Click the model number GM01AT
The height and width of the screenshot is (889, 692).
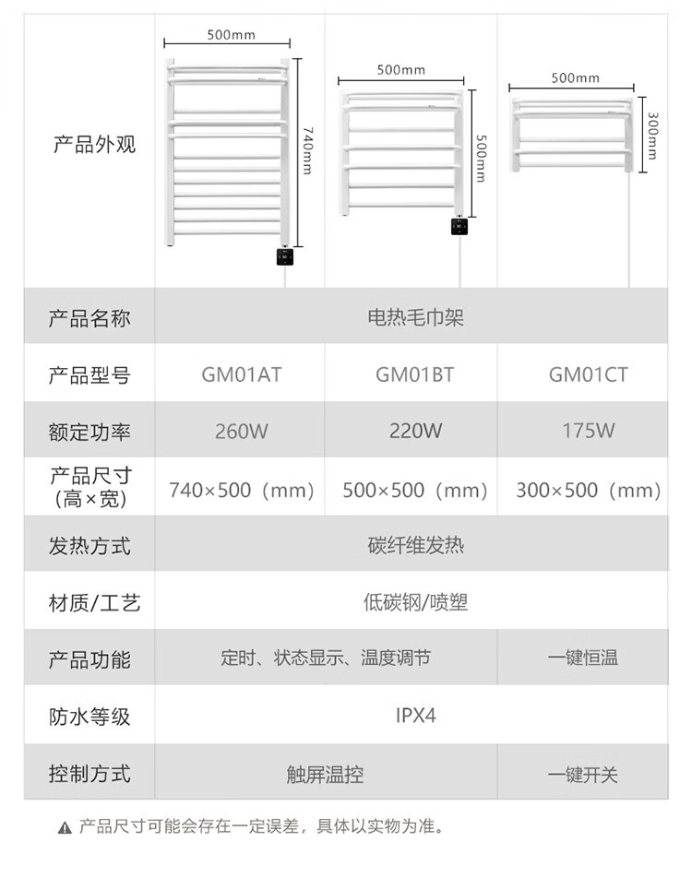point(241,375)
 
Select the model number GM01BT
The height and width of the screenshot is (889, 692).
point(414,375)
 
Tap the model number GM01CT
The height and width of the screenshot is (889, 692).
point(588,375)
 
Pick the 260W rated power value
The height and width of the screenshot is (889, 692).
point(241,431)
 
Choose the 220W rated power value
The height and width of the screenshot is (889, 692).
point(415,431)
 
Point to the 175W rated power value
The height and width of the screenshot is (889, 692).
point(588,431)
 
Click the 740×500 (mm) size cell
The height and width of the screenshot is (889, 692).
point(242,490)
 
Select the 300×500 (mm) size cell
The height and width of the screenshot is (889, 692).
point(589,490)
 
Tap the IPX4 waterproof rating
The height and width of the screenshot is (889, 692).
point(415,716)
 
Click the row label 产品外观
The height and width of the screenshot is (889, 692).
point(93,145)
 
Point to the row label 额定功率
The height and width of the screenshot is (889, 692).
point(89,432)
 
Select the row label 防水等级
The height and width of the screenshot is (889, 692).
point(89,717)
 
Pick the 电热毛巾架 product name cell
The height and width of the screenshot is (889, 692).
point(415,319)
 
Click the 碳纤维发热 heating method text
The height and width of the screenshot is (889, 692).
point(415,546)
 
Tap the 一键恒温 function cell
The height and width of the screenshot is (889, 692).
point(582,658)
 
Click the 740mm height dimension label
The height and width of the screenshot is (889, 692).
point(307,147)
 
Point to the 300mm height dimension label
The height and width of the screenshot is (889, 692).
point(653,136)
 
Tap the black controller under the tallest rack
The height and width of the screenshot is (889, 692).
point(285,256)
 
